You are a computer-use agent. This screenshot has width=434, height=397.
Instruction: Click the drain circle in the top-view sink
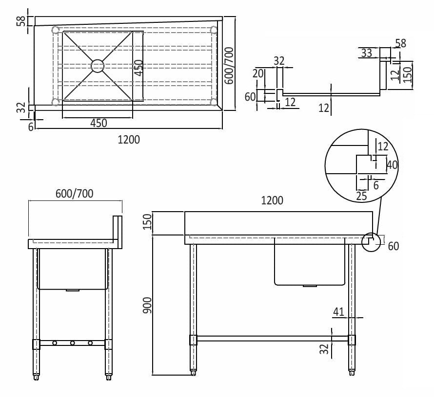(98, 66)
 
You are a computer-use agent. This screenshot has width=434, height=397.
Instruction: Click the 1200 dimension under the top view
(129, 140)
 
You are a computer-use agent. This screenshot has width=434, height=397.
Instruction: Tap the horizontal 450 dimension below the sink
(98, 123)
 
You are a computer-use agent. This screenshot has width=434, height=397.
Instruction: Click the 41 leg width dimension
(339, 311)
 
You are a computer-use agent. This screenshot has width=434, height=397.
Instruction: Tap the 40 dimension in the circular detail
(392, 165)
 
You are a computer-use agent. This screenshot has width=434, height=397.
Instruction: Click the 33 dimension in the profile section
(366, 53)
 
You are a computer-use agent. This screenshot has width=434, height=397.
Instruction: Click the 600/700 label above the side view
(74, 194)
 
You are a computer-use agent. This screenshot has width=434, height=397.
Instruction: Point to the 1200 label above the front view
(272, 200)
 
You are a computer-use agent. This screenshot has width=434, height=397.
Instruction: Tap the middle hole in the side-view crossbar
(72, 343)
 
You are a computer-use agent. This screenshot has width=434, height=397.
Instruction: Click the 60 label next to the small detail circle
(393, 246)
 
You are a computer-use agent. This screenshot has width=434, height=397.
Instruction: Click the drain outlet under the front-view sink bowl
(309, 286)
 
